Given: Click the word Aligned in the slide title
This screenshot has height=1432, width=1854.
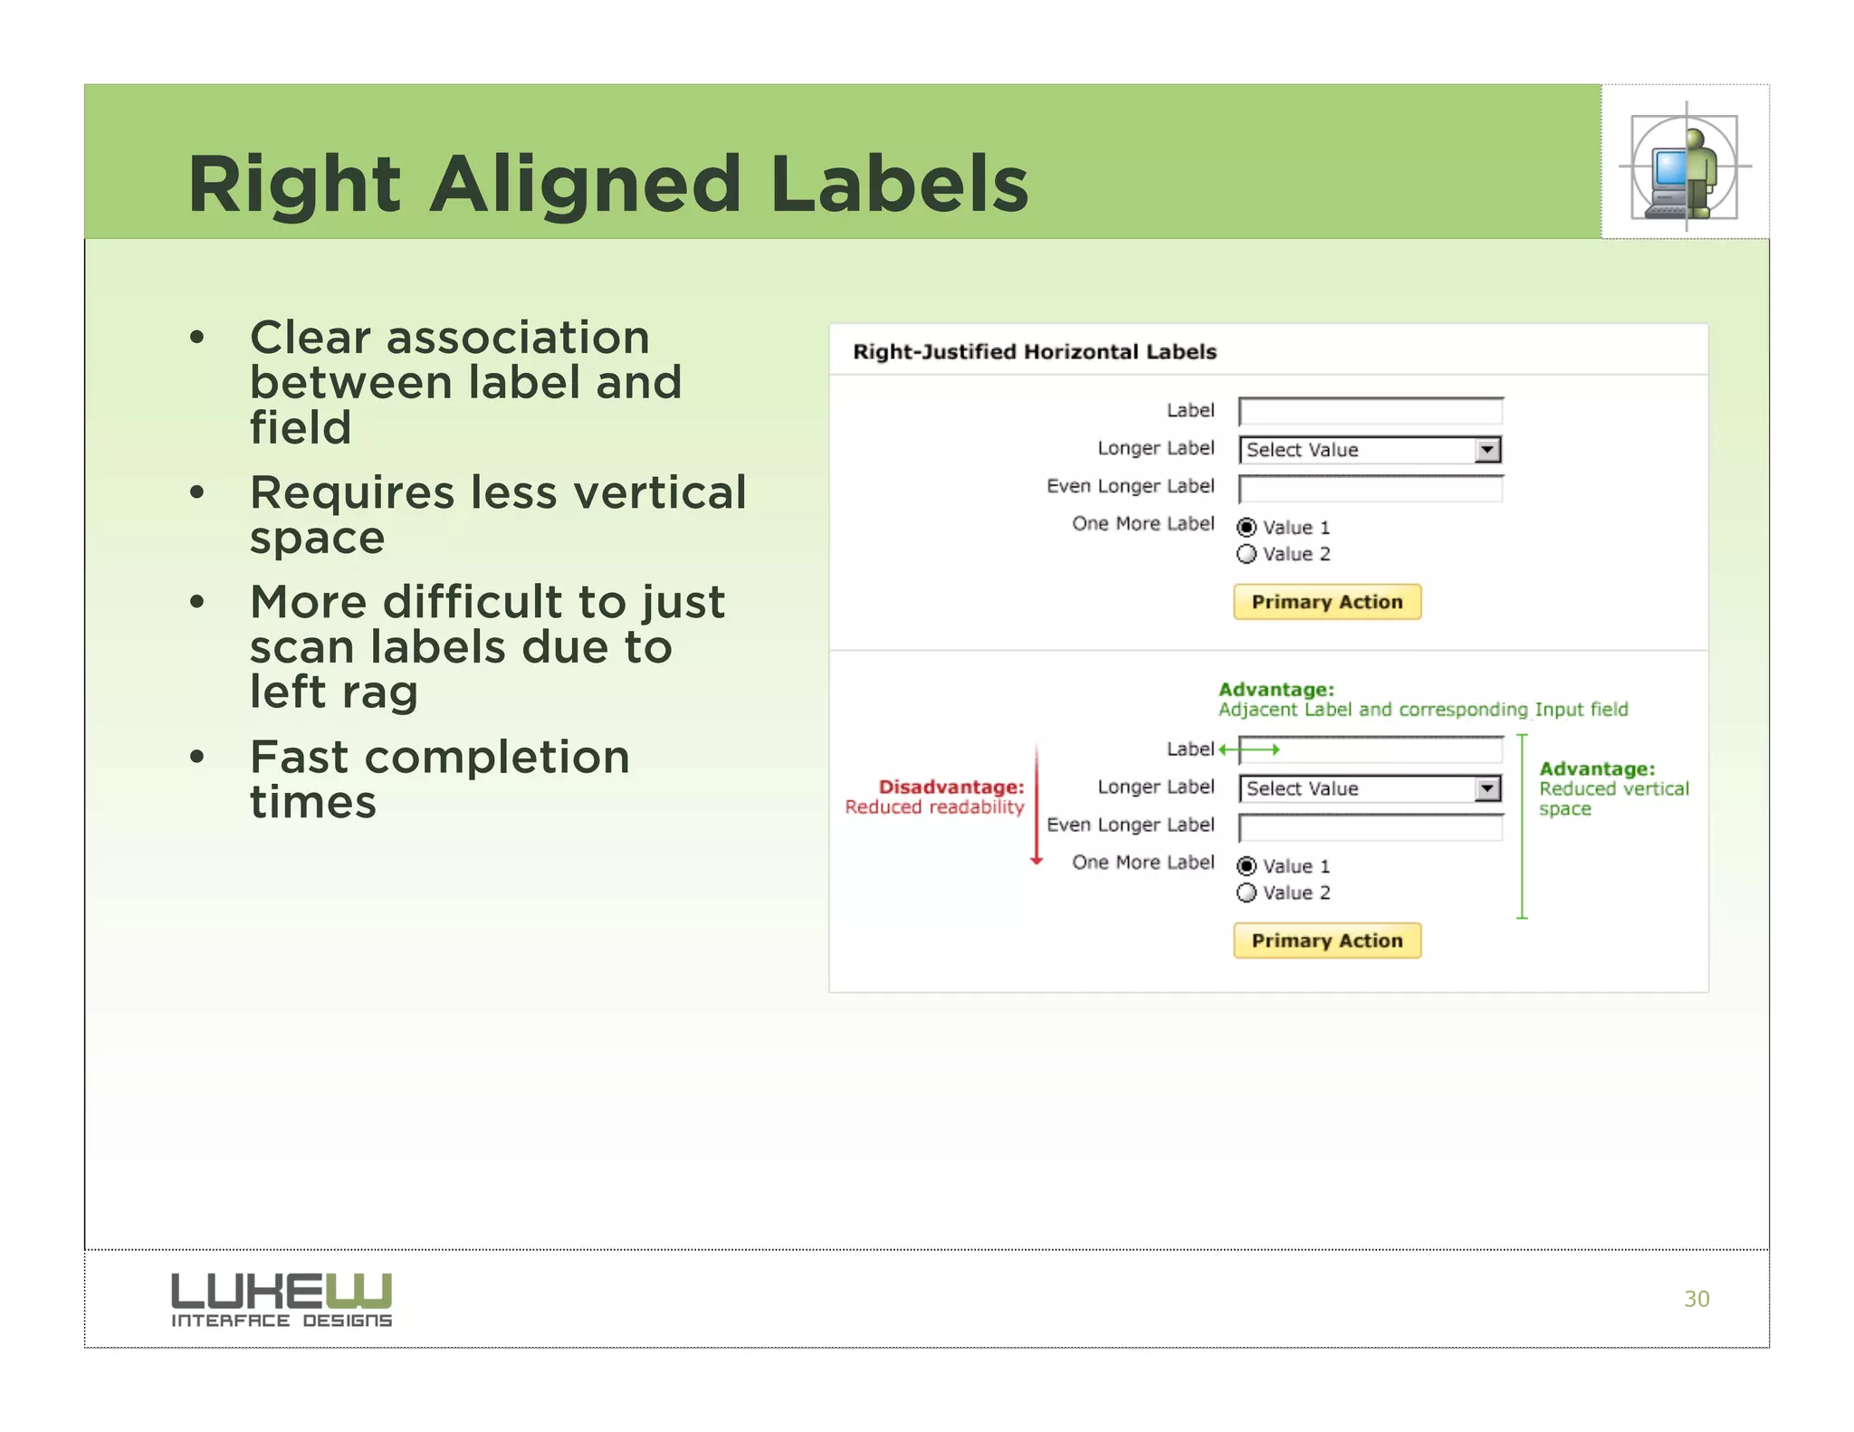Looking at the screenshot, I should click(x=585, y=185).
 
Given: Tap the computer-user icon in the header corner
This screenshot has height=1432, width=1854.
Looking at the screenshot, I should click(x=1685, y=167).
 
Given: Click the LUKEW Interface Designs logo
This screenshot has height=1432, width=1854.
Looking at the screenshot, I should click(x=282, y=1299).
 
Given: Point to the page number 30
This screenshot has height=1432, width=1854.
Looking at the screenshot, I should click(x=1696, y=1299).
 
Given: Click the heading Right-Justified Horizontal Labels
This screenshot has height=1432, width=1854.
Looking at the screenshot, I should click(x=1034, y=352).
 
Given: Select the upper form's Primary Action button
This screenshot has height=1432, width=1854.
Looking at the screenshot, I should click(x=1326, y=602).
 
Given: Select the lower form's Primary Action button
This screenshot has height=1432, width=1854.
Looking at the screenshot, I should click(x=1326, y=940).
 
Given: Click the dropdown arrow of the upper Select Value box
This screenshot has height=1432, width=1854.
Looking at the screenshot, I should click(x=1486, y=450).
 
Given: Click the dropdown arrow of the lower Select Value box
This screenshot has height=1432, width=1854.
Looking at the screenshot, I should click(x=1486, y=789).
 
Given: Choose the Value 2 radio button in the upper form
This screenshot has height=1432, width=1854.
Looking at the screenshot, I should click(x=1247, y=554).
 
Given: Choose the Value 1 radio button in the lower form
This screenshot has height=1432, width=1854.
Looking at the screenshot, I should click(x=1247, y=866).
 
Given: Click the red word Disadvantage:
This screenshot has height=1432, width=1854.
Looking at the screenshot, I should click(x=951, y=787).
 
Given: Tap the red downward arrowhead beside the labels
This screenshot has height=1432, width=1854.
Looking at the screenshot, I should click(x=1037, y=860).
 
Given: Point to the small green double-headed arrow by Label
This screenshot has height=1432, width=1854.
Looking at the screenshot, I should click(x=1249, y=749).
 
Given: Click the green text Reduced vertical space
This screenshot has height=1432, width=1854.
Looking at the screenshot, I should click(x=1613, y=798).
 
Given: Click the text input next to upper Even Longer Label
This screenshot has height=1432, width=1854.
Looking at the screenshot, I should click(x=1370, y=489).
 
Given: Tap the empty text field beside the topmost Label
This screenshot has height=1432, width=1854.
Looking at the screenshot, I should click(x=1370, y=412).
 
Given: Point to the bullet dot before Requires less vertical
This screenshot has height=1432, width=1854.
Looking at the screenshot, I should click(x=197, y=492).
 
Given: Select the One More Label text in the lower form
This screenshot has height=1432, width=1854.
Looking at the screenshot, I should click(x=1142, y=863).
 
